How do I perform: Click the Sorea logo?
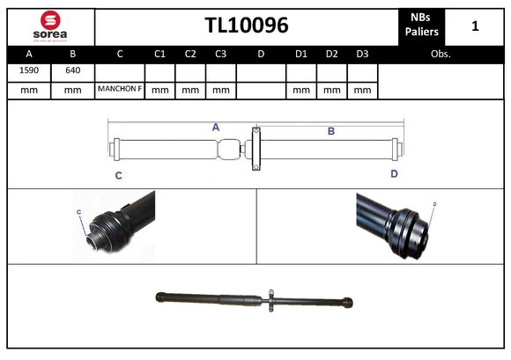tap(49, 26)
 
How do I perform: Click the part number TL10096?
tap(247, 26)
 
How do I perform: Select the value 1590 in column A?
tap(28, 70)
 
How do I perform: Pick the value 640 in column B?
tap(72, 70)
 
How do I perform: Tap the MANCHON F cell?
tap(120, 90)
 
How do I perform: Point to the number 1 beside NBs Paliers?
tap(475, 26)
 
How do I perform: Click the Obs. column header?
tap(441, 53)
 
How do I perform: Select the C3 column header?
tap(220, 53)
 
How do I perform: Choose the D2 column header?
tap(331, 53)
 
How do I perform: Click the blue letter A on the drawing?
tap(215, 127)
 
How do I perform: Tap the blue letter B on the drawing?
tap(331, 131)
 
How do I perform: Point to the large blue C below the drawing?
tap(118, 175)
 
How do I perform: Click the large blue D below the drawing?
tap(394, 173)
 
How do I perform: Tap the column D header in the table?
tap(261, 53)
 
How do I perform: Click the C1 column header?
tap(159, 53)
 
